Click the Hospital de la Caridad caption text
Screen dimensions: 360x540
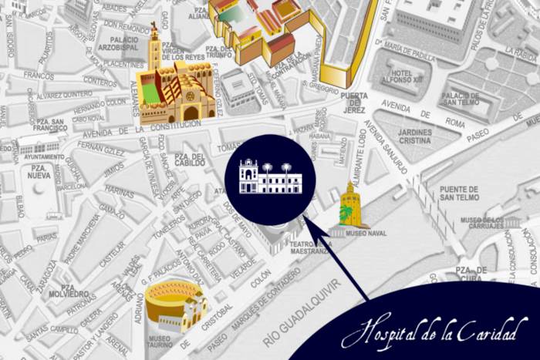click(x=435, y=330)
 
